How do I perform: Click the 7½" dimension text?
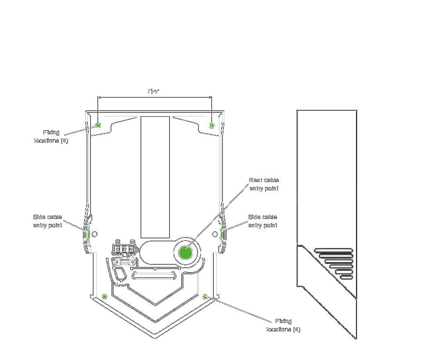(153, 92)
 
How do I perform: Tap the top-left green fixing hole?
(98, 125)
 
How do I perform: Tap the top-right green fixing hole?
(212, 125)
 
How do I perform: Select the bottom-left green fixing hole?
(104, 297)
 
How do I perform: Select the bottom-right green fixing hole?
(205, 297)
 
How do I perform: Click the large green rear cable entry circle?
(186, 253)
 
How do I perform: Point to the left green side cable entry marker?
(88, 234)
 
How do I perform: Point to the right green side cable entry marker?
(221, 234)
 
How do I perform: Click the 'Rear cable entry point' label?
(264, 184)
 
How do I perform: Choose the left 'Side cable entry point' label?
(47, 221)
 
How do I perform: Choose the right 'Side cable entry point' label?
(263, 221)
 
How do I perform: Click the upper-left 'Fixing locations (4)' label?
(51, 137)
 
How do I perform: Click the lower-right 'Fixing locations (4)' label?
(284, 325)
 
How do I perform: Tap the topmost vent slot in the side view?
(334, 251)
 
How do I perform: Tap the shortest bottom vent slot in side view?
(346, 277)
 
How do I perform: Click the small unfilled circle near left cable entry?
(94, 234)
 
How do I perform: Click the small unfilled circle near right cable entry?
(215, 234)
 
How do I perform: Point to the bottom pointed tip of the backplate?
(155, 338)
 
